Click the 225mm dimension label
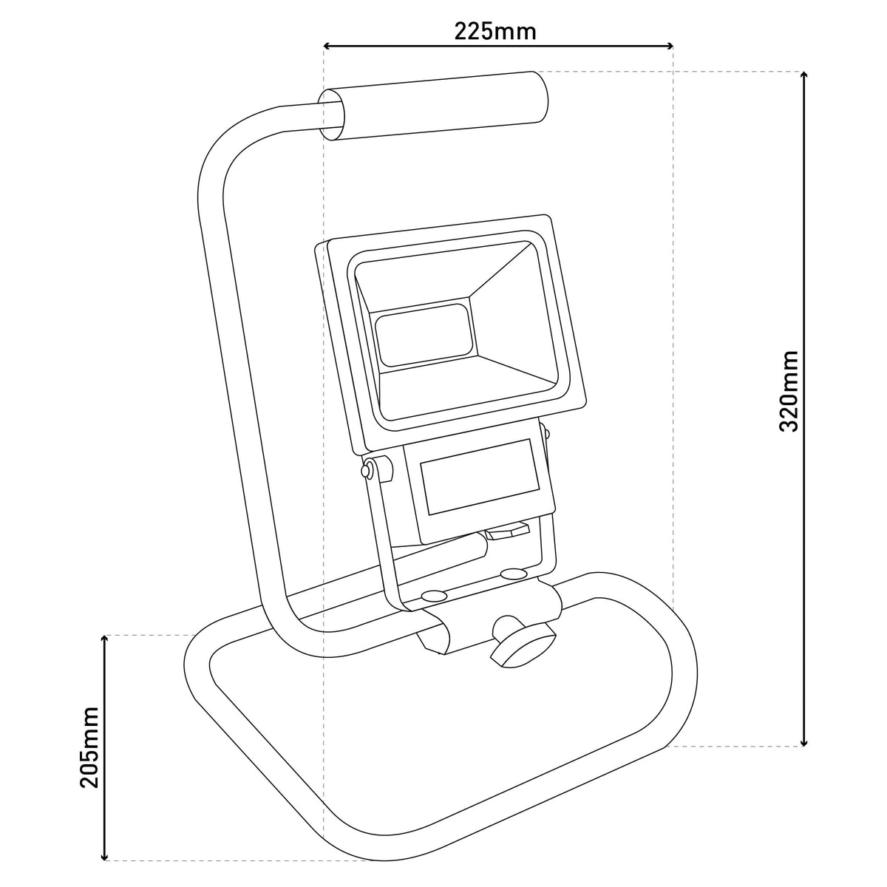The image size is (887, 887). pos(495,32)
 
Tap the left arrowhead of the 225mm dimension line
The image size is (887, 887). pos(327,46)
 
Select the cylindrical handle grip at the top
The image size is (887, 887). pos(434,106)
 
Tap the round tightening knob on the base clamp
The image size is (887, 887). pos(523,641)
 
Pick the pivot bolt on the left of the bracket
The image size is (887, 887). pos(367,470)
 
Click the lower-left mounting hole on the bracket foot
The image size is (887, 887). pos(434,597)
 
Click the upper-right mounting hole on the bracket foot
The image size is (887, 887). pos(514,574)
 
